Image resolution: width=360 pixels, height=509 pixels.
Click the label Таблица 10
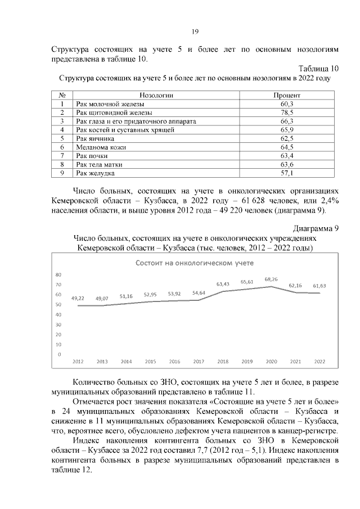click(319, 69)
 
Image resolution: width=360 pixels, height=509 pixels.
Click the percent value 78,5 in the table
click(287, 112)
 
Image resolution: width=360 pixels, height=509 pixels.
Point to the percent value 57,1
click(287, 173)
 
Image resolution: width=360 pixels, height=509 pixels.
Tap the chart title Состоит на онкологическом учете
click(194, 263)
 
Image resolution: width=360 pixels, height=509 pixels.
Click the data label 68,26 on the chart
click(271, 279)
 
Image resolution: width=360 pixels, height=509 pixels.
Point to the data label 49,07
click(102, 298)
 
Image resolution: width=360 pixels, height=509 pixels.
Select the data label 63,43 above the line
click(223, 284)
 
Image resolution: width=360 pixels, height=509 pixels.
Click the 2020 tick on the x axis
click(271, 361)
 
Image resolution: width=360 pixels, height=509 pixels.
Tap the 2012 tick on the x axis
click(78, 361)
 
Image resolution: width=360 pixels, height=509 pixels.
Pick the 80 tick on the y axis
click(58, 274)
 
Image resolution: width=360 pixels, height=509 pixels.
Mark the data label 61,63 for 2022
click(319, 286)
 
